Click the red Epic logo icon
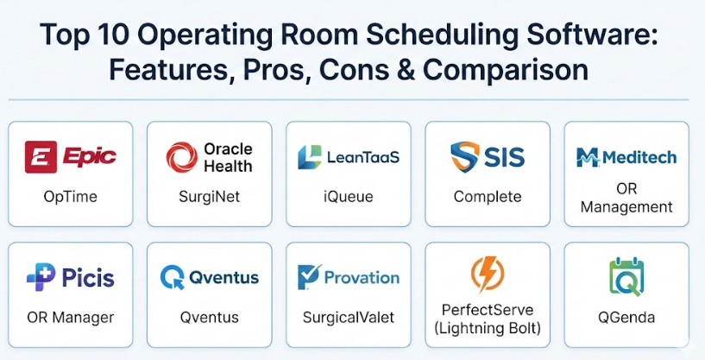41,156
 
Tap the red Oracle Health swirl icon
182,157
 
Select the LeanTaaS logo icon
310,157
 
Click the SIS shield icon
465,156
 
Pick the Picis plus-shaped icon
41,276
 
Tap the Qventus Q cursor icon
173,277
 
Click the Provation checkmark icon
309,277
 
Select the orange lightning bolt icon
488,274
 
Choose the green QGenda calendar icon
626,276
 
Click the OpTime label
70,197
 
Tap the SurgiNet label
210,197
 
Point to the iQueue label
349,197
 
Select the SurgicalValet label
349,317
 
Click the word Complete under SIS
488,197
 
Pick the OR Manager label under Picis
70,317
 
